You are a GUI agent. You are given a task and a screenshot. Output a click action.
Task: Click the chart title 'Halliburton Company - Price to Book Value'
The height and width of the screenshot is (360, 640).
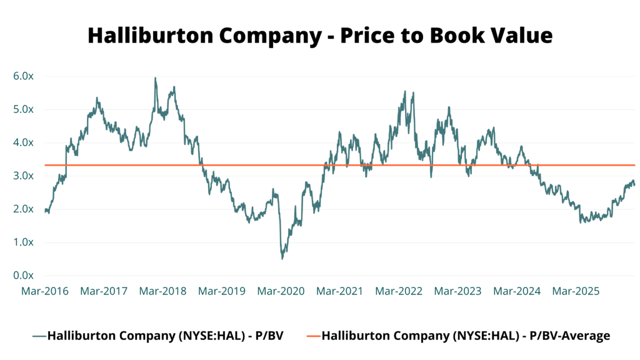pyautogui.click(x=320, y=35)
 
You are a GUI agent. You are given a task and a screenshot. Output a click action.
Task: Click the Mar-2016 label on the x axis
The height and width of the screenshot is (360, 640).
pyautogui.click(x=45, y=291)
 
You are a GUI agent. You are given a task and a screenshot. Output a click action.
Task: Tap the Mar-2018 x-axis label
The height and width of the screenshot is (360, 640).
pyautogui.click(x=162, y=291)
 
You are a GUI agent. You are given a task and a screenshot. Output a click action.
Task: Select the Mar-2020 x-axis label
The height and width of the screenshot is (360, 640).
pyautogui.click(x=281, y=291)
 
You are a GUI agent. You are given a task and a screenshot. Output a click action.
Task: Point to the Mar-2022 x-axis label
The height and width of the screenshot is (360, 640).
pyautogui.click(x=399, y=291)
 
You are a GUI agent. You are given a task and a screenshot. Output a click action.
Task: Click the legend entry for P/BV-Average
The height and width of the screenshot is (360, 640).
pyautogui.click(x=466, y=336)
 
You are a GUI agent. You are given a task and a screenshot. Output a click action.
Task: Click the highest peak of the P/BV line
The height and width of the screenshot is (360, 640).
pyautogui.click(x=155, y=78)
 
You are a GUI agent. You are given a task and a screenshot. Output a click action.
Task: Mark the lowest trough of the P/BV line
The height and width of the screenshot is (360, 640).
pyautogui.click(x=282, y=258)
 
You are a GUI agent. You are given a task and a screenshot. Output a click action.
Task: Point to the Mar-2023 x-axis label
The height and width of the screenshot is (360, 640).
pyautogui.click(x=457, y=291)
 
